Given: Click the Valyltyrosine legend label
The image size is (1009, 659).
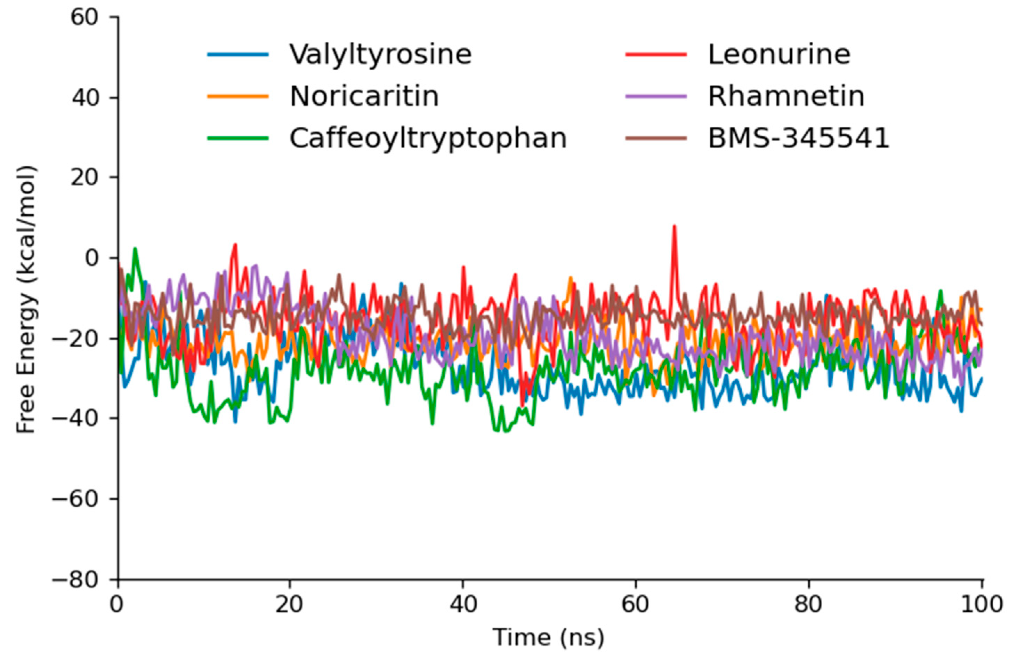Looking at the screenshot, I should pos(380,54).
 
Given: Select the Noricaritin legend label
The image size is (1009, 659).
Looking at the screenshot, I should pos(364,96).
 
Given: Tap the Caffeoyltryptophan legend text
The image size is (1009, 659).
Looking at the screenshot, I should pos(428,138).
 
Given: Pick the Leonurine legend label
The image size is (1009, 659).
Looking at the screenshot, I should pos(779,54).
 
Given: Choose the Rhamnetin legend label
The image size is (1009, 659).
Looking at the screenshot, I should pos(786,96).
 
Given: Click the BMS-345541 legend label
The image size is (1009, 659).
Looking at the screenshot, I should pos(799,138).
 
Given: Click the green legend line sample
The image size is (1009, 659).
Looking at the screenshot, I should pos(238,138).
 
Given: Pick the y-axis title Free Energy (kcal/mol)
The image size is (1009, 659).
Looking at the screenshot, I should pos(26,299).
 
